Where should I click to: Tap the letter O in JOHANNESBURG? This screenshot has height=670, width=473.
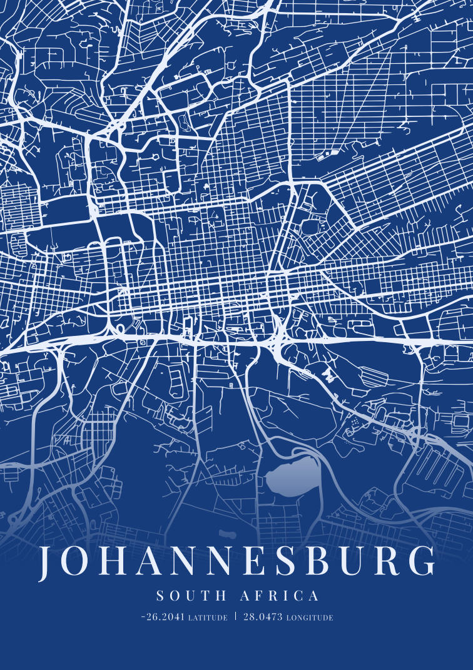coord(76,562)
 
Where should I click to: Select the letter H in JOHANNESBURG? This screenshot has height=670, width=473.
coord(112,562)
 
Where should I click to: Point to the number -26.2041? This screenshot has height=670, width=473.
coord(163,617)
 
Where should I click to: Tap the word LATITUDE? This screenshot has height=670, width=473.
coord(208,617)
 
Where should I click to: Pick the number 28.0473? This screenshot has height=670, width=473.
coord(263,617)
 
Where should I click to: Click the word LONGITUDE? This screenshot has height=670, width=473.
coord(310,617)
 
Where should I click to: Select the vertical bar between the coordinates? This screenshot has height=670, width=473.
coord(236,616)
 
